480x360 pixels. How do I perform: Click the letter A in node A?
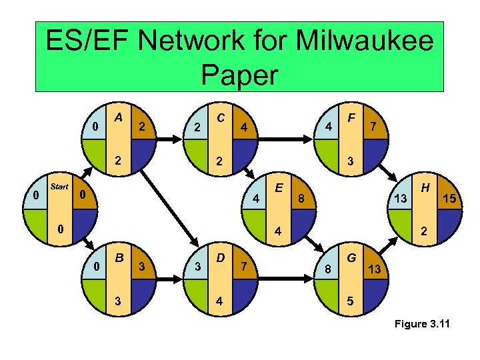pyautogui.click(x=118, y=117)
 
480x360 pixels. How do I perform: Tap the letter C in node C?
pyautogui.click(x=220, y=117)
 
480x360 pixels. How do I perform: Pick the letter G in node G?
pyautogui.click(x=353, y=256)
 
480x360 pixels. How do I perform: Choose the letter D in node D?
pyautogui.click(x=219, y=257)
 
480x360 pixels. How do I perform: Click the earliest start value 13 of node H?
pyautogui.click(x=400, y=199)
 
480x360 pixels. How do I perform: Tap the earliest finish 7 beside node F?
pyautogui.click(x=374, y=127)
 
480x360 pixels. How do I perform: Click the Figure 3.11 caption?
pyautogui.click(x=422, y=325)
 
